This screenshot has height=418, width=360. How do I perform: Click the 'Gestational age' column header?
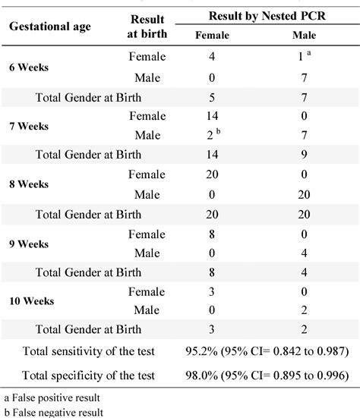click(x=50, y=26)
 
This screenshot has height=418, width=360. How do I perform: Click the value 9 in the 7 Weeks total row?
click(x=304, y=155)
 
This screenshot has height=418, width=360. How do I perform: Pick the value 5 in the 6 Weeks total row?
click(x=213, y=96)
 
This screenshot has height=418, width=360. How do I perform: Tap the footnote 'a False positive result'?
click(x=52, y=398)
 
